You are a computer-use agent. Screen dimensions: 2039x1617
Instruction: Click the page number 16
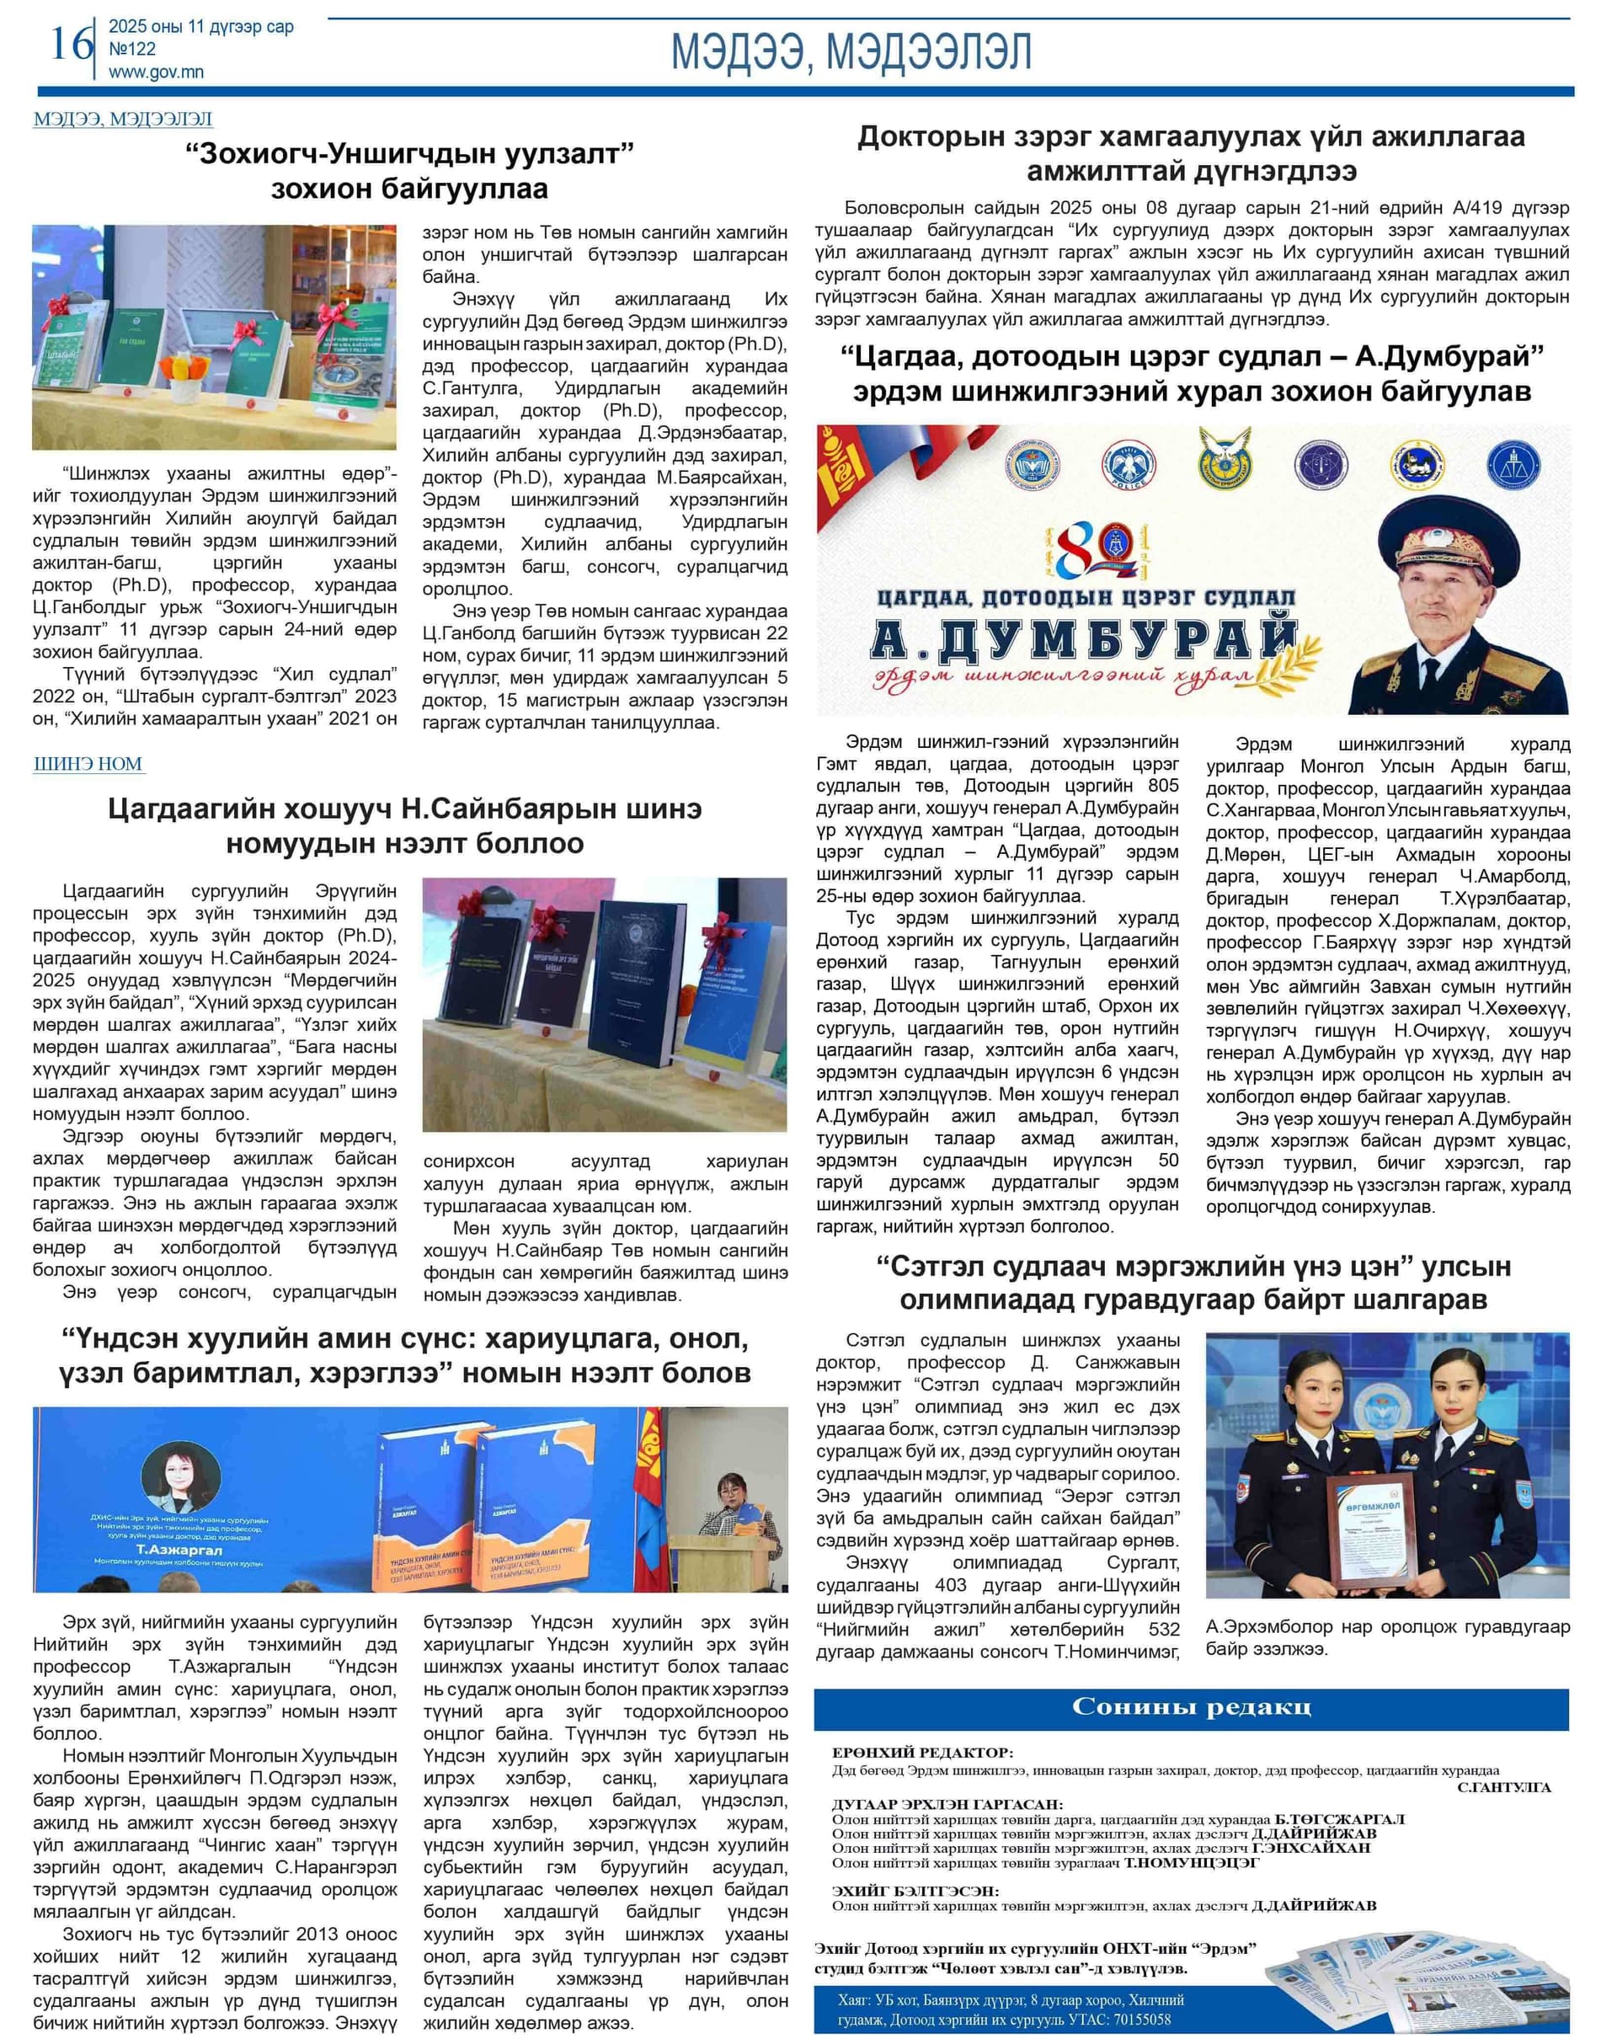[x=70, y=45]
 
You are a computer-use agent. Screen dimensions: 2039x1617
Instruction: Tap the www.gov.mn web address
[x=155, y=72]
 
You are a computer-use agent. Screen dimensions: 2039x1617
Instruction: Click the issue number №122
[x=131, y=49]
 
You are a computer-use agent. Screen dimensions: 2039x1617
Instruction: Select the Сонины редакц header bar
[x=1191, y=1708]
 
